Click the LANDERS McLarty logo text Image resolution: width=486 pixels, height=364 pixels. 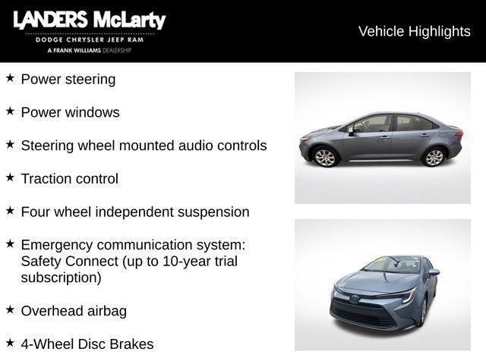pos(89,20)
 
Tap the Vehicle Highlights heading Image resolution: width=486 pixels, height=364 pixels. pos(414,31)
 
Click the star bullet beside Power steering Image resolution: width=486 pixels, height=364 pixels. pos(10,78)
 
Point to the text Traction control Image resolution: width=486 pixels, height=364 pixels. pos(70,179)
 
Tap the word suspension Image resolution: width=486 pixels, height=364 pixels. pos(213,212)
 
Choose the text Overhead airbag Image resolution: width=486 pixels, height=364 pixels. pos(74,311)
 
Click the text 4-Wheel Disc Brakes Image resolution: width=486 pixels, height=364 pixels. pos(87,344)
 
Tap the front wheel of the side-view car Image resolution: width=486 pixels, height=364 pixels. pos(325,157)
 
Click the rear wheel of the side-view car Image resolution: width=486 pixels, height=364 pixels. pos(434,157)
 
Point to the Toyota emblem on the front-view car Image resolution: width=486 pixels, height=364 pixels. pos(355,299)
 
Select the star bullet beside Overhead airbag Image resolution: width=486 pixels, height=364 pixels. pos(10,310)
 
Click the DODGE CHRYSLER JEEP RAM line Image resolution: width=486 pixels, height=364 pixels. pos(90,39)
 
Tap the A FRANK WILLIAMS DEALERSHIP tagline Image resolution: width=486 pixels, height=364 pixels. pos(90,50)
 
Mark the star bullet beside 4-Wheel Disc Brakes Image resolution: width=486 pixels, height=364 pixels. pos(10,344)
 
